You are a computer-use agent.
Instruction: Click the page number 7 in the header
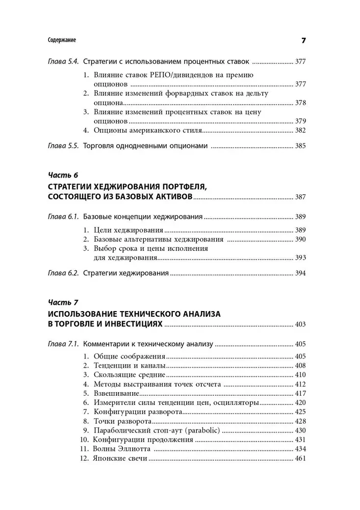point(303,40)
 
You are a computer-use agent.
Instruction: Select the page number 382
point(300,131)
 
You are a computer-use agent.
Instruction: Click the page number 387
point(300,196)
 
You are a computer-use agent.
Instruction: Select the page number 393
point(300,258)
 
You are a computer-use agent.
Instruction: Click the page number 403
point(300,324)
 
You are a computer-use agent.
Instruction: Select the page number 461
point(300,458)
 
